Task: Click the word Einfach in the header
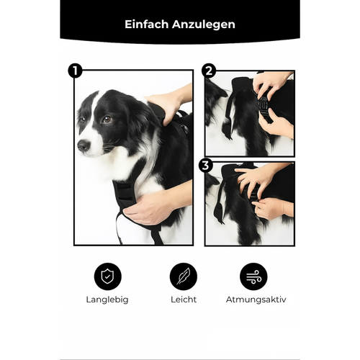146,24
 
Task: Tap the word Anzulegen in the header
204,25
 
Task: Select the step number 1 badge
75,71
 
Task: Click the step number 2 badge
209,71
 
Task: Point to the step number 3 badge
206,165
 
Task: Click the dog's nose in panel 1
84,145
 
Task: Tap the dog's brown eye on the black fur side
107,120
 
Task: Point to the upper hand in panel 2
271,84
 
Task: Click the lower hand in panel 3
271,208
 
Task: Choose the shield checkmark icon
108,276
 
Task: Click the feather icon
184,276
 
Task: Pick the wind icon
253,276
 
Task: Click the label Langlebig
107,300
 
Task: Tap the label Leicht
184,300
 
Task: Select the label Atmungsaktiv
256,300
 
